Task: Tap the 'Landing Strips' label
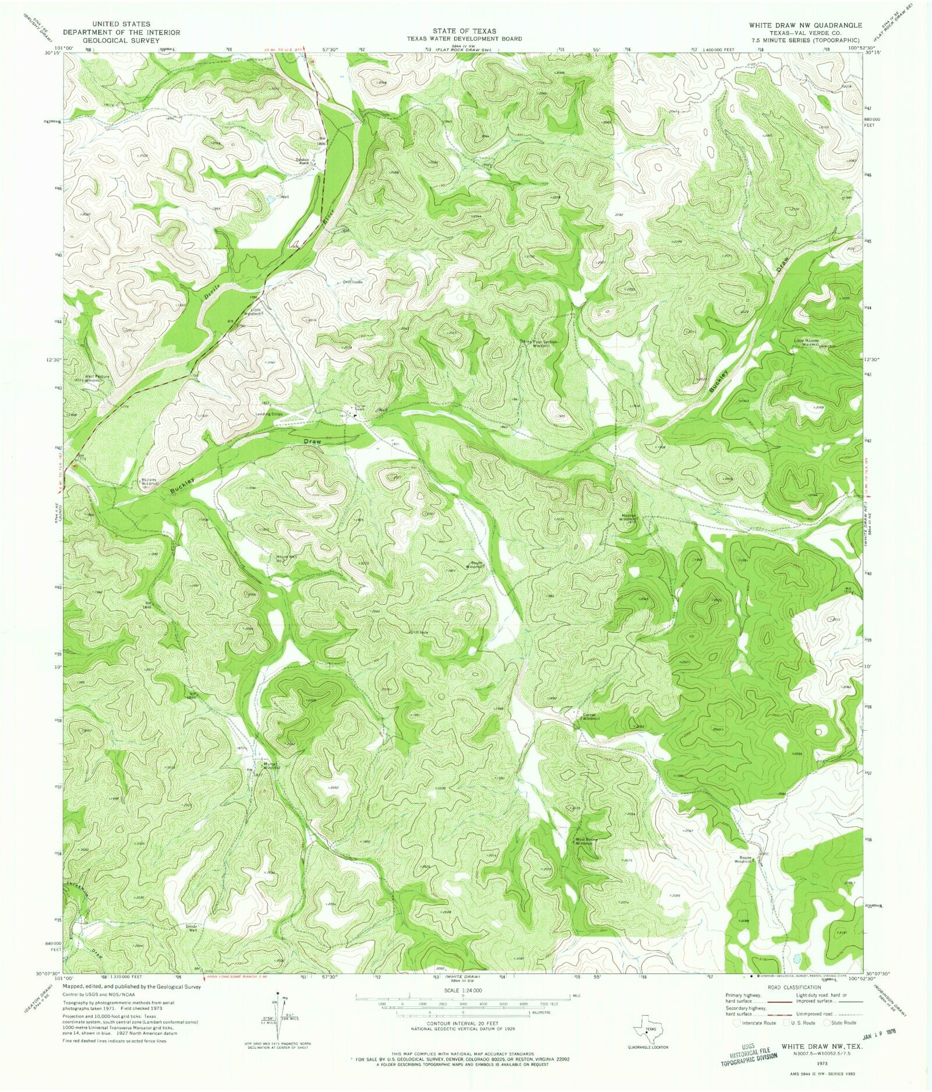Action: tap(269, 414)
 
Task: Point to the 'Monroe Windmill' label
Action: tap(628, 517)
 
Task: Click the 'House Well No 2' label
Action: tap(286, 559)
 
